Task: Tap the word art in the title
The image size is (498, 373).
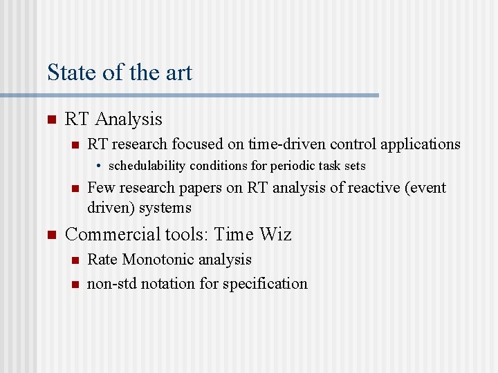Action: point(178,73)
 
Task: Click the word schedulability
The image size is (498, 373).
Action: point(145,166)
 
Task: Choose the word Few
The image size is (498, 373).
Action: point(101,188)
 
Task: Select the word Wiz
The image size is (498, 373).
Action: point(275,235)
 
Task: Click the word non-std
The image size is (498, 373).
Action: point(111,283)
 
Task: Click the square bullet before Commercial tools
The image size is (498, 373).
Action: point(50,236)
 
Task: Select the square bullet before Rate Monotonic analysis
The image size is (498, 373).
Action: point(75,260)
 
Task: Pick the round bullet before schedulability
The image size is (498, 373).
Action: point(100,166)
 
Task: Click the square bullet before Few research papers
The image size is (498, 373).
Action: point(75,189)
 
